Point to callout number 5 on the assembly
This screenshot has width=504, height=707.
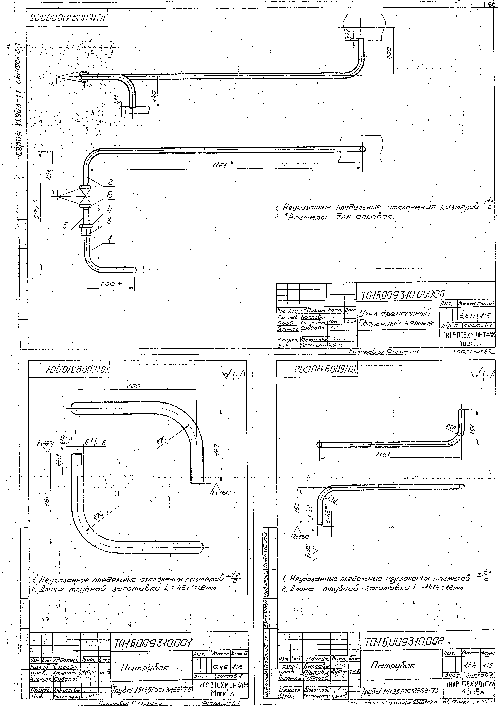[x=65, y=226]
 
